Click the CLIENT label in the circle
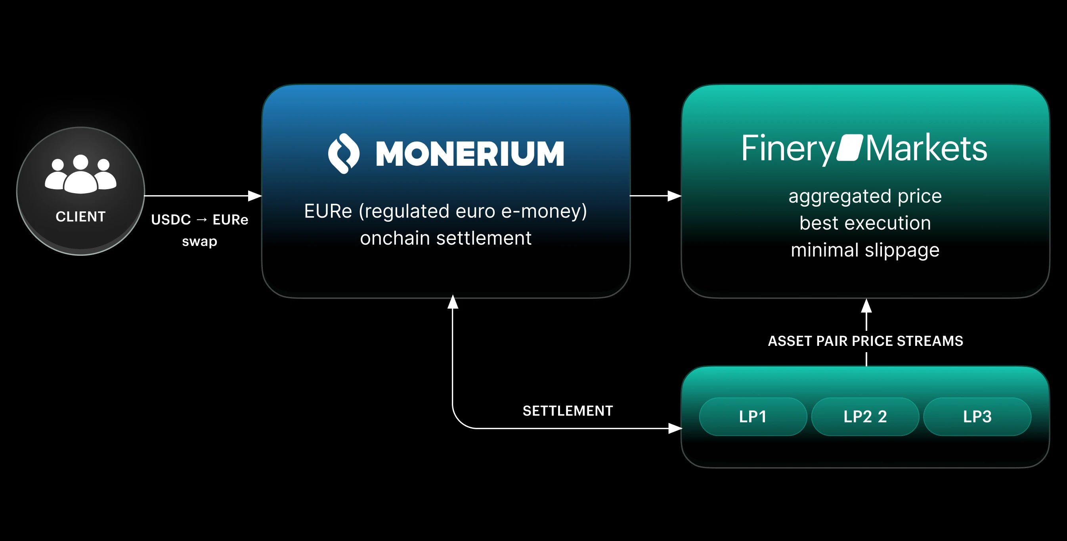(81, 217)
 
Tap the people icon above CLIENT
(81, 174)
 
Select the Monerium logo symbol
(343, 153)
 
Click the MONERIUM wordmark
(470, 154)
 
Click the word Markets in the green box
(926, 148)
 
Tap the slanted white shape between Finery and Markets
(849, 147)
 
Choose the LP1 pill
(753, 416)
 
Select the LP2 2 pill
(865, 416)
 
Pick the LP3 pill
(977, 416)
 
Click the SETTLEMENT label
(568, 411)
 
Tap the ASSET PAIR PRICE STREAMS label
(865, 341)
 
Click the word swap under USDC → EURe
(200, 241)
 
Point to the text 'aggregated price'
(865, 196)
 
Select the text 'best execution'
(865, 223)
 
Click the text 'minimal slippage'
(865, 250)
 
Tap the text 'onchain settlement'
(446, 238)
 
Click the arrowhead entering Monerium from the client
(255, 196)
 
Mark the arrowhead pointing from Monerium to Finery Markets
(674, 196)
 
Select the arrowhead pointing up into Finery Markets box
(866, 306)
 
